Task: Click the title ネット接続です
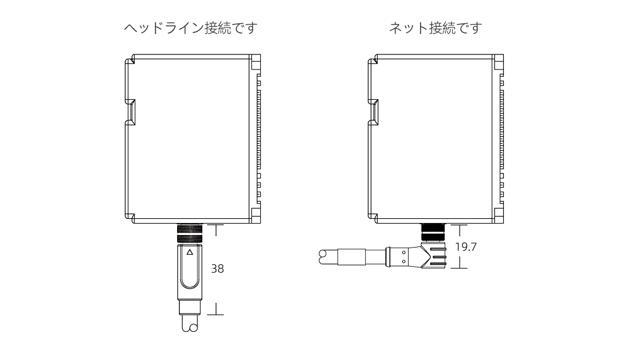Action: click(x=435, y=28)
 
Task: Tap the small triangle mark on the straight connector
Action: click(x=190, y=252)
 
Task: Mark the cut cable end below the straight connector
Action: click(x=189, y=326)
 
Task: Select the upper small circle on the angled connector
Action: click(x=403, y=252)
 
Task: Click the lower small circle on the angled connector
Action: click(x=403, y=261)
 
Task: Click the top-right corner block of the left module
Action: click(x=256, y=62)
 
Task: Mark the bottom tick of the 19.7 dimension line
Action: click(x=458, y=267)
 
